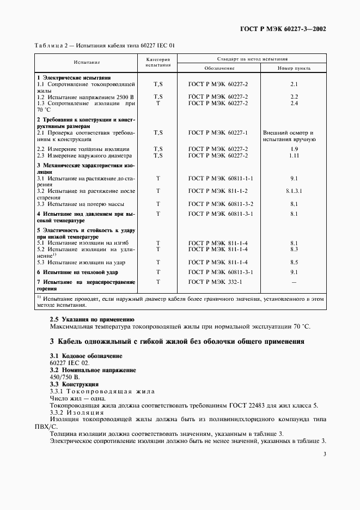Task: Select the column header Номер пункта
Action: point(294,69)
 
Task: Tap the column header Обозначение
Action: point(218,69)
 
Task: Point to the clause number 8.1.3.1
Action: point(294,191)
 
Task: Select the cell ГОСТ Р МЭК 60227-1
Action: point(218,132)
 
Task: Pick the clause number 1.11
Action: point(294,155)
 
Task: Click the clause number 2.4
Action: point(294,103)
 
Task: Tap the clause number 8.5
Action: point(294,262)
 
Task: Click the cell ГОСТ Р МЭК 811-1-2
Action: point(218,191)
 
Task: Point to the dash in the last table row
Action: point(294,282)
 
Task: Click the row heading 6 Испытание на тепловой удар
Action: point(77,272)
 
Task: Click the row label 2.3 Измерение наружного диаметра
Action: point(83,155)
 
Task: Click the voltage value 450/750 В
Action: point(64,377)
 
